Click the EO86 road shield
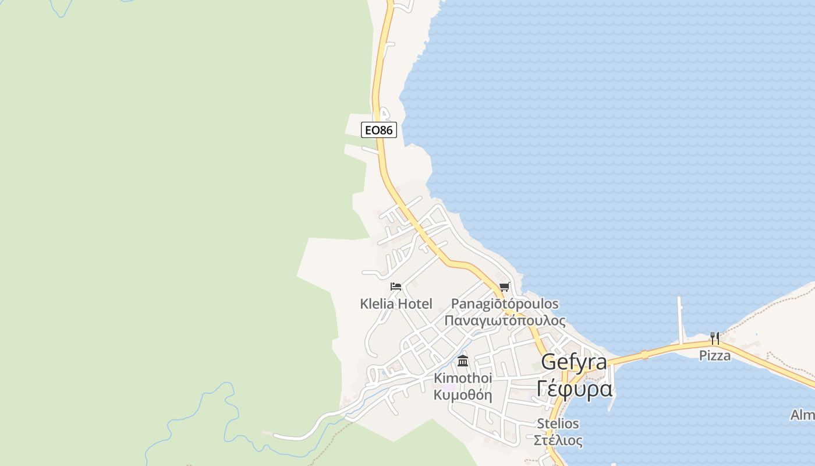[x=378, y=130]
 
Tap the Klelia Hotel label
[x=396, y=303]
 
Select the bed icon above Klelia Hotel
[x=396, y=286]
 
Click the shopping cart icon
[x=504, y=287]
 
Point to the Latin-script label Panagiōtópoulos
[x=505, y=303]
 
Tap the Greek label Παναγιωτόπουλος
[x=505, y=320]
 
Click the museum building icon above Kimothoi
[x=463, y=361]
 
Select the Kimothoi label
[x=463, y=378]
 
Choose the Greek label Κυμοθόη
[x=463, y=395]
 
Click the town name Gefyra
[x=573, y=362]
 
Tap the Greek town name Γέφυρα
[x=575, y=388]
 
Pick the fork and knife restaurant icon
[x=714, y=338]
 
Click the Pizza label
[x=715, y=355]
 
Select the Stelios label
[x=558, y=423]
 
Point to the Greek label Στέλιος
[x=558, y=440]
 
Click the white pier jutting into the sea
[x=680, y=317]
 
